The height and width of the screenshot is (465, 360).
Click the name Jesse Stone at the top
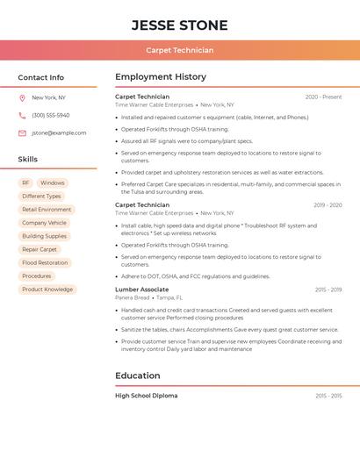tap(179, 25)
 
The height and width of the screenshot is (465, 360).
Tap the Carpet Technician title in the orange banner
tap(179, 50)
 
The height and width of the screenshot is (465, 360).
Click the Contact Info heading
tap(40, 77)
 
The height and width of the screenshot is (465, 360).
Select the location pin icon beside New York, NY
tap(22, 97)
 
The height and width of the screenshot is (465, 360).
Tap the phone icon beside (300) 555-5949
tap(22, 115)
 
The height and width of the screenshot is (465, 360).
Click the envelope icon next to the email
tap(22, 132)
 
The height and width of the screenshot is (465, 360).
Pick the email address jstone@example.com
tap(59, 132)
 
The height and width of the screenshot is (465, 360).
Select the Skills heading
tap(27, 159)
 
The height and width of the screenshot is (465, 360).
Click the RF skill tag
tap(25, 183)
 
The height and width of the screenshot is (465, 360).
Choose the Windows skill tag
tap(53, 183)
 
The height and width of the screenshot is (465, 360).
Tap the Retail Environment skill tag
tap(47, 210)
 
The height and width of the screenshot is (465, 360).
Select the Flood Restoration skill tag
tap(45, 262)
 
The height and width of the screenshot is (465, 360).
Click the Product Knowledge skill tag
tap(47, 289)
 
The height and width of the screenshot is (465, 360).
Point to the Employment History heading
tap(161, 77)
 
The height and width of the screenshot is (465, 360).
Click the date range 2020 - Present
tap(323, 97)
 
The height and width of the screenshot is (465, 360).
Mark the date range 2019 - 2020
tap(328, 205)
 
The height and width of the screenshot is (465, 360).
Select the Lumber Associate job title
tap(141, 289)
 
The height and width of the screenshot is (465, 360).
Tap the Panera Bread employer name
tap(133, 297)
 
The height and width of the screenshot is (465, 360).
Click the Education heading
tap(138, 376)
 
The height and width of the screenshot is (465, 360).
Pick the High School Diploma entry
tap(146, 396)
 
